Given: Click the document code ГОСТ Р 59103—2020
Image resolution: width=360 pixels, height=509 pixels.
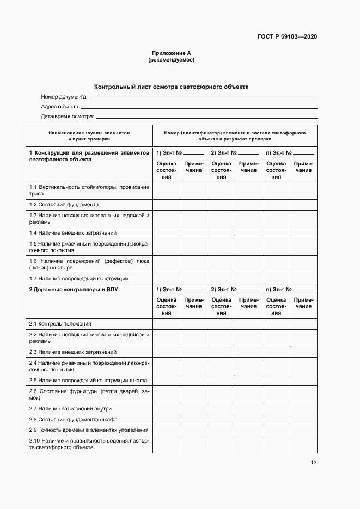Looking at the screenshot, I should [x=287, y=37].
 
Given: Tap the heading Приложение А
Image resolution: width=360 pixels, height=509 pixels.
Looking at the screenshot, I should [x=171, y=53].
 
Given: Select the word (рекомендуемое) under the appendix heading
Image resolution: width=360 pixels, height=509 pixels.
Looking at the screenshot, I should [x=171, y=60].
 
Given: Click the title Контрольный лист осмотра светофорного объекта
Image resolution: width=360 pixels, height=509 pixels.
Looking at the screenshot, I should [x=171, y=87].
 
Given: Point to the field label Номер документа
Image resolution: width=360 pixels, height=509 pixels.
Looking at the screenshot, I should [x=64, y=97].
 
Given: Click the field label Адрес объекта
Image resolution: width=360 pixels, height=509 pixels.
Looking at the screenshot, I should [x=60, y=107].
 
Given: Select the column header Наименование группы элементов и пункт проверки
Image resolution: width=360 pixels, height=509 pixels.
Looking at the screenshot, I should [x=89, y=136].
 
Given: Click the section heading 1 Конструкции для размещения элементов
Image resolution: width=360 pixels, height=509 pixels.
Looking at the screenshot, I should [x=89, y=156].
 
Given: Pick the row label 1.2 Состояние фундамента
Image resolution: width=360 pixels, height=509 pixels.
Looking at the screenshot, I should [x=64, y=205].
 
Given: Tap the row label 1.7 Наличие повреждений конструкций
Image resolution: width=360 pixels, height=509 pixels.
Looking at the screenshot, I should [x=78, y=278].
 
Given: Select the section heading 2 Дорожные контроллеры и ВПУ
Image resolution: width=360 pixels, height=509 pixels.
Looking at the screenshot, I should [x=73, y=290].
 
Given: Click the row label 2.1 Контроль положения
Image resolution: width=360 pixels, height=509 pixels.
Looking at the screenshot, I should [x=60, y=323].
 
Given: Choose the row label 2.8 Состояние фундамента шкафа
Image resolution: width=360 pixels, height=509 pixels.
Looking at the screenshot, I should [x=73, y=419].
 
